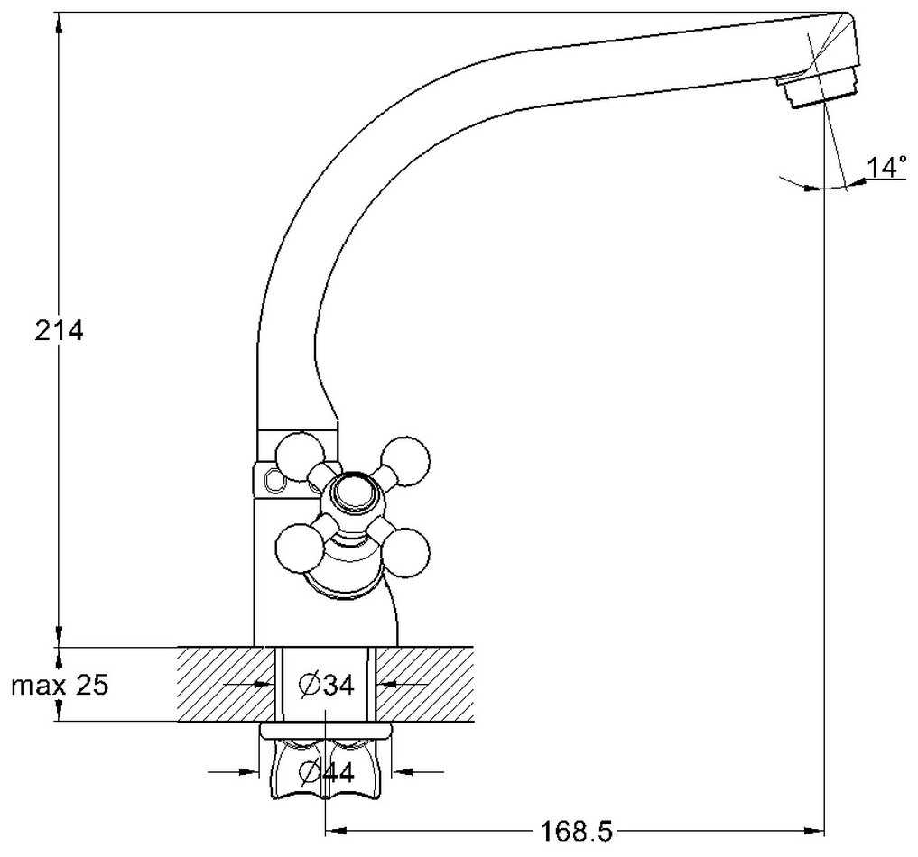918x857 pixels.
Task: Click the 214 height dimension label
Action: pyautogui.click(x=60, y=331)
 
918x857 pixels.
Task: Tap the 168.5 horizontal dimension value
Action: pyautogui.click(x=576, y=831)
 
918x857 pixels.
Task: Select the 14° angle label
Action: pyautogui.click(x=887, y=167)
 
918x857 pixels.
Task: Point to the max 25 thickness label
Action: pyautogui.click(x=60, y=685)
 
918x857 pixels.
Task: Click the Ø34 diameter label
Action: pyautogui.click(x=326, y=685)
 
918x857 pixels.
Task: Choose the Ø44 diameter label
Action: pyautogui.click(x=326, y=772)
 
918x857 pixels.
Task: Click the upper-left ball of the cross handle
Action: pyautogui.click(x=299, y=456)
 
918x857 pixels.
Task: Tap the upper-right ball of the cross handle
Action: pyautogui.click(x=405, y=461)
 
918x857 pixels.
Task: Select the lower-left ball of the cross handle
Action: pyautogui.click(x=300, y=548)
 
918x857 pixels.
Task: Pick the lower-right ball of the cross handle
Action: pyautogui.click(x=405, y=553)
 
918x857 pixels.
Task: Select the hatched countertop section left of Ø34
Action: pyautogui.click(x=226, y=684)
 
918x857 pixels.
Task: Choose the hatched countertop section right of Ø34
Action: pyautogui.click(x=424, y=684)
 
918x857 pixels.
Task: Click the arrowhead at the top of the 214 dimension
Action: pyautogui.click(x=59, y=23)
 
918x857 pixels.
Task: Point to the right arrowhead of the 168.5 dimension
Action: pyautogui.click(x=814, y=830)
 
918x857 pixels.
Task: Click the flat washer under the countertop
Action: pyautogui.click(x=326, y=732)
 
